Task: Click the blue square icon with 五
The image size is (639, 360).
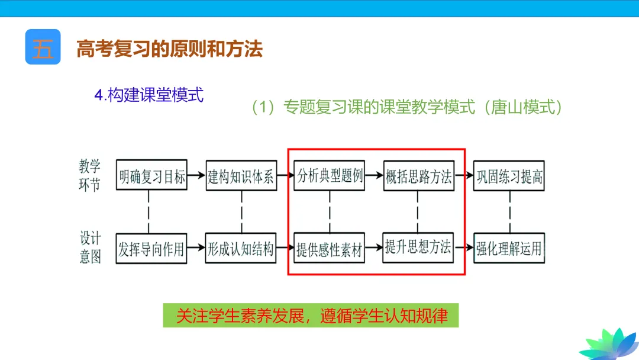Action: tap(43, 47)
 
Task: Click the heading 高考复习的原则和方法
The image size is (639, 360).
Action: tap(169, 49)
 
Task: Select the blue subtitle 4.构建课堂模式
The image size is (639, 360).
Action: tap(149, 95)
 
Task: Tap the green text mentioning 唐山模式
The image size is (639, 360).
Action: tap(407, 107)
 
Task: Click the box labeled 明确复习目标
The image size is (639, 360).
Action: tap(152, 176)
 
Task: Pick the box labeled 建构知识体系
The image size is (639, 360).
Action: tap(241, 176)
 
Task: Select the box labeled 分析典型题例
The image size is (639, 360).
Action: tap(330, 176)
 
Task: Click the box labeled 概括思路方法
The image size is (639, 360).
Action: tap(418, 176)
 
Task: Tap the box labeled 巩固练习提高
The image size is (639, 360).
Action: tap(509, 176)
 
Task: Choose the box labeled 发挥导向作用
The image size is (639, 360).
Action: tap(151, 249)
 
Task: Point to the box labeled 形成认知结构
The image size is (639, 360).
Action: tap(241, 249)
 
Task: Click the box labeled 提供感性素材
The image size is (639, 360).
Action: tap(330, 249)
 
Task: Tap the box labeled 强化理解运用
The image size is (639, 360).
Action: tap(509, 249)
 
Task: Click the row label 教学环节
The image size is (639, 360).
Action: tap(90, 175)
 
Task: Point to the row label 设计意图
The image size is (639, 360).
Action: tap(90, 247)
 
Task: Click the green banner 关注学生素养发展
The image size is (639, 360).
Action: tap(311, 316)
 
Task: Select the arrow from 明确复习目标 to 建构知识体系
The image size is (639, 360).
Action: tap(196, 176)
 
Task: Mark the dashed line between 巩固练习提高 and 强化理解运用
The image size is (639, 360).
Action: tap(509, 212)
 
